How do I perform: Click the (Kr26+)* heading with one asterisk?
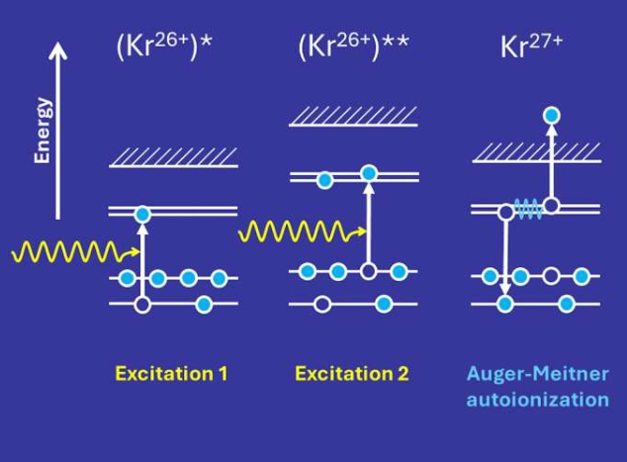[172, 48]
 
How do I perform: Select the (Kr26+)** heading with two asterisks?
[354, 48]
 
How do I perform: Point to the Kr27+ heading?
[531, 48]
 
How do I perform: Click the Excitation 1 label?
[171, 374]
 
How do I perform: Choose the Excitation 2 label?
[351, 374]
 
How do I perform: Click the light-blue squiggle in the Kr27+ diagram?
[527, 209]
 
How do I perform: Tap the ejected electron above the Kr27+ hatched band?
[552, 116]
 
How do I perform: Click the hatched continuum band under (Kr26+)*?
[173, 156]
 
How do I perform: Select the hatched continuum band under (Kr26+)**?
[353, 117]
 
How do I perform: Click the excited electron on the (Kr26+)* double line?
[142, 213]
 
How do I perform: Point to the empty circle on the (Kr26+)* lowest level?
[142, 304]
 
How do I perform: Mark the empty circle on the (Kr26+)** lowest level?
[321, 304]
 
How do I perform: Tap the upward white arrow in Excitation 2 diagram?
[369, 223]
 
